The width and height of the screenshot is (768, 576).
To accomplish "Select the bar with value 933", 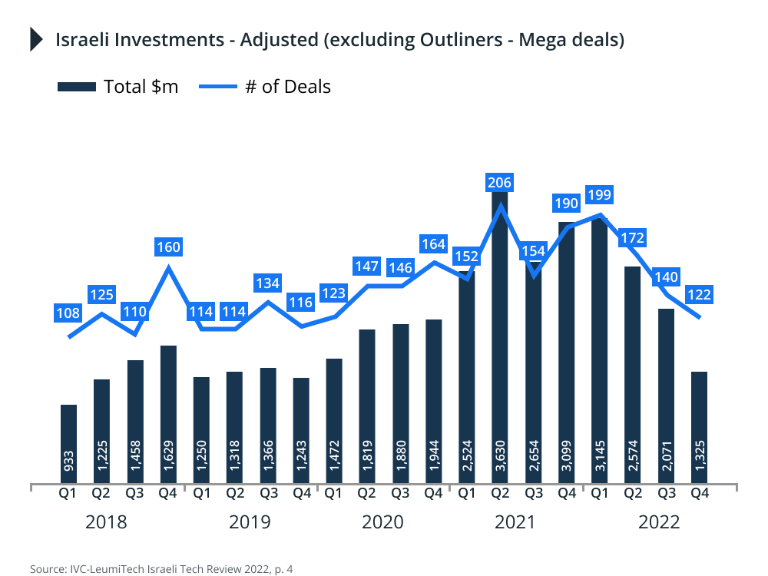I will click(68, 444).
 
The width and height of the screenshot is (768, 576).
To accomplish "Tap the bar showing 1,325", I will click(699, 428).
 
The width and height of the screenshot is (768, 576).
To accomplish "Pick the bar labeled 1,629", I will click(168, 415).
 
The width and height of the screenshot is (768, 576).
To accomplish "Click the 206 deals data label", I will click(500, 183).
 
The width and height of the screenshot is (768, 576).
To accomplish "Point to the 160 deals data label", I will click(168, 247).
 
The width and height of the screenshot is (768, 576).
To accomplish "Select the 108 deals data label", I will click(68, 313).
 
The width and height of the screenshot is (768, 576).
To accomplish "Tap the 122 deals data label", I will click(699, 295).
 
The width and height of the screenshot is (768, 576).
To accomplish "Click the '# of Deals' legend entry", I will click(265, 86).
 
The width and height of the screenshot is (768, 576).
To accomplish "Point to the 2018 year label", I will click(106, 523).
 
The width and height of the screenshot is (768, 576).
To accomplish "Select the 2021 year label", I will click(515, 523).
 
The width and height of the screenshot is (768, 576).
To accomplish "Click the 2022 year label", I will click(659, 523).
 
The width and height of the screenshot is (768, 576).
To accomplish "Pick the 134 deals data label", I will click(268, 283).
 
